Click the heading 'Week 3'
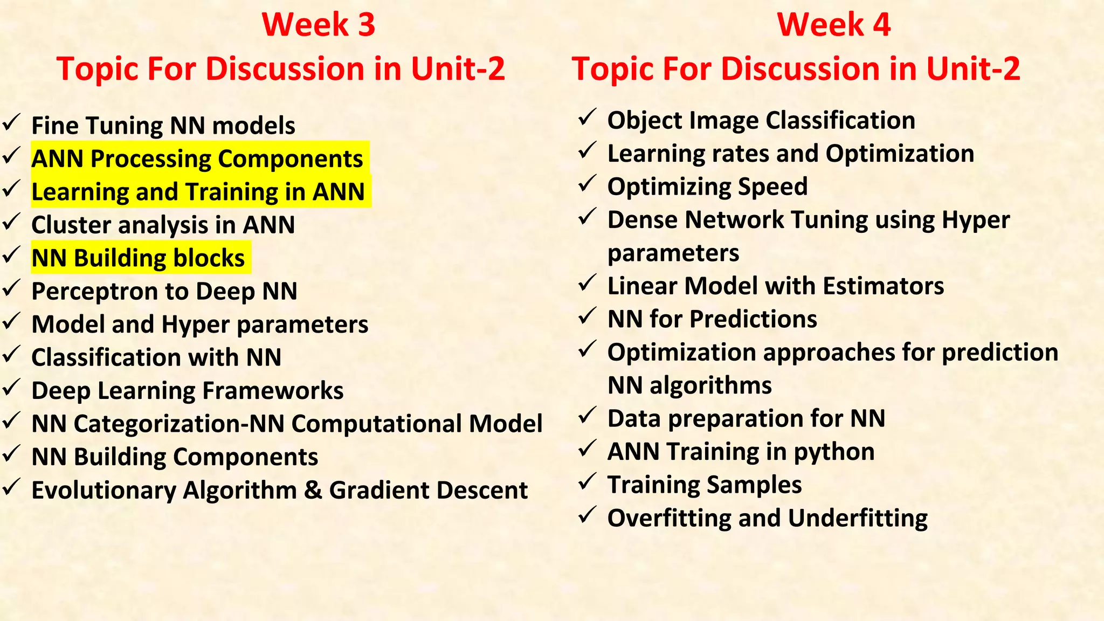tap(318, 25)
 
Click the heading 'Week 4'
tap(833, 25)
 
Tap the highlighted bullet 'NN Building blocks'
tap(138, 258)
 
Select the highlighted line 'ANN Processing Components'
tap(197, 159)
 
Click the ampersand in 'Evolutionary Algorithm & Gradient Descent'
tap(313, 490)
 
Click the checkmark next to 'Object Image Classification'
tap(586, 118)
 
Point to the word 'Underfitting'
tap(858, 518)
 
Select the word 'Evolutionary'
tap(103, 491)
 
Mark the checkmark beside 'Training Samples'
tap(586, 481)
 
